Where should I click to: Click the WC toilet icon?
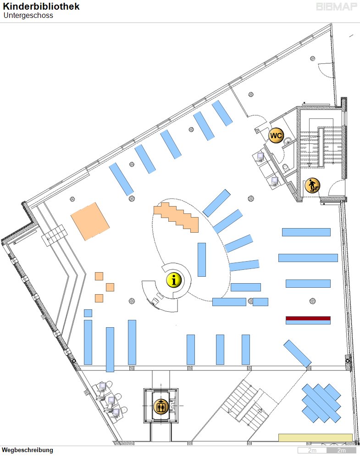pyautogui.click(x=276, y=135)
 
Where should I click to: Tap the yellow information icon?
pyautogui.click(x=174, y=280)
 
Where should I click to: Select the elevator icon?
pyautogui.click(x=161, y=407)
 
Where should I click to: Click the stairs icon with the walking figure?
pyautogui.click(x=312, y=185)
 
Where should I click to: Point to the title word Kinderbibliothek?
pyautogui.click(x=41, y=6)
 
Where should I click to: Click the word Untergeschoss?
pyautogui.click(x=28, y=16)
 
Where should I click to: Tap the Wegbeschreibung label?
pyautogui.click(x=28, y=450)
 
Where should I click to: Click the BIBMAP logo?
pyautogui.click(x=336, y=7)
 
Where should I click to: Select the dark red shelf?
pyautogui.click(x=308, y=318)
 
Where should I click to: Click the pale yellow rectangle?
pyautogui.click(x=315, y=438)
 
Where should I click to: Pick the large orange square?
pyautogui.click(x=90, y=221)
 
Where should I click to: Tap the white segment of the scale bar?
pyautogui.click(x=312, y=451)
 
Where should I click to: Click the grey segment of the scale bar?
pyautogui.click(x=341, y=451)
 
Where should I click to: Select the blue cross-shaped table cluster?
pyautogui.click(x=321, y=403)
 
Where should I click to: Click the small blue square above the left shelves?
pyautogui.click(x=88, y=313)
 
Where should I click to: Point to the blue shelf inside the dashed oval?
pyautogui.click(x=202, y=259)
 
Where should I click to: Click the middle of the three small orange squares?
pyautogui.click(x=110, y=287)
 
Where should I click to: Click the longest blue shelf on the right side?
pyautogui.click(x=308, y=258)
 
